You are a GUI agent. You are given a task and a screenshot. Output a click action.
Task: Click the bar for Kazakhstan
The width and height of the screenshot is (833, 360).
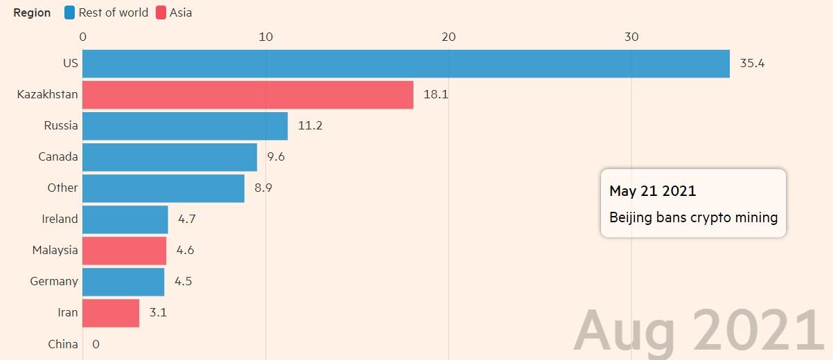point(248,95)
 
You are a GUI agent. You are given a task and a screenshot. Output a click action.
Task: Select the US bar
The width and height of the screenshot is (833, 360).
point(406,64)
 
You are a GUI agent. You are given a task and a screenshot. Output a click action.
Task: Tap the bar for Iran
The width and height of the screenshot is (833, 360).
point(111,313)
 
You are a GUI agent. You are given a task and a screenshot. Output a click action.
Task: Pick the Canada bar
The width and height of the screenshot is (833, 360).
point(170,157)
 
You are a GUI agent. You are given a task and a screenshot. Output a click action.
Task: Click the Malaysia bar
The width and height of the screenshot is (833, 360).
point(125,251)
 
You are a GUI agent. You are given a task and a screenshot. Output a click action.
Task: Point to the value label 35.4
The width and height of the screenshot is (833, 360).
point(752,64)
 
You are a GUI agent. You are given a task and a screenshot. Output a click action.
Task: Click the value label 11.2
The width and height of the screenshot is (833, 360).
point(310,126)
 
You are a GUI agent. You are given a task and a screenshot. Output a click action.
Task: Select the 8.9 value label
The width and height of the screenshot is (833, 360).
point(263,188)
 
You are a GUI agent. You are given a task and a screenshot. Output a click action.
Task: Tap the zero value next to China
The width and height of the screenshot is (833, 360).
point(96,344)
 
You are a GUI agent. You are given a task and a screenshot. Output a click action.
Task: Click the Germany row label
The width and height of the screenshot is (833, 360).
point(54,281)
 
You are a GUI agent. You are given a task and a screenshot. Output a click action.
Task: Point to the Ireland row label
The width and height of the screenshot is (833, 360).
point(60,219)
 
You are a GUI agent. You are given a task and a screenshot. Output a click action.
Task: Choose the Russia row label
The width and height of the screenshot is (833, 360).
point(61,126)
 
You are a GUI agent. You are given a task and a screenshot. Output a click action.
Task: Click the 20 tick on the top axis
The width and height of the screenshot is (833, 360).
point(449,37)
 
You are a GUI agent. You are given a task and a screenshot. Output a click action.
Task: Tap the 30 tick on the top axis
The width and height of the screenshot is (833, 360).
point(632,37)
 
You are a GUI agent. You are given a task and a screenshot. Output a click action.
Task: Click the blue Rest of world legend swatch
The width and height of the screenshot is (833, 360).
point(69,12)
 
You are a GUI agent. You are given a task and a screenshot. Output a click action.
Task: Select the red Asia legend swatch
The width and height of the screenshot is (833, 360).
point(161,12)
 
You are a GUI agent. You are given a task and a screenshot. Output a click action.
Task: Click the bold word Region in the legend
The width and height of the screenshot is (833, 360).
point(32,12)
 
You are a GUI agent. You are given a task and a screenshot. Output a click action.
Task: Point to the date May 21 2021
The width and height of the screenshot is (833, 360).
point(652,191)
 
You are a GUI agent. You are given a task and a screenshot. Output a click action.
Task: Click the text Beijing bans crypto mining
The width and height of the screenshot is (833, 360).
point(693,217)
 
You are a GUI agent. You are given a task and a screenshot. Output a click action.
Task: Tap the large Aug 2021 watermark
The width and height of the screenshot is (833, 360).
point(699,331)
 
